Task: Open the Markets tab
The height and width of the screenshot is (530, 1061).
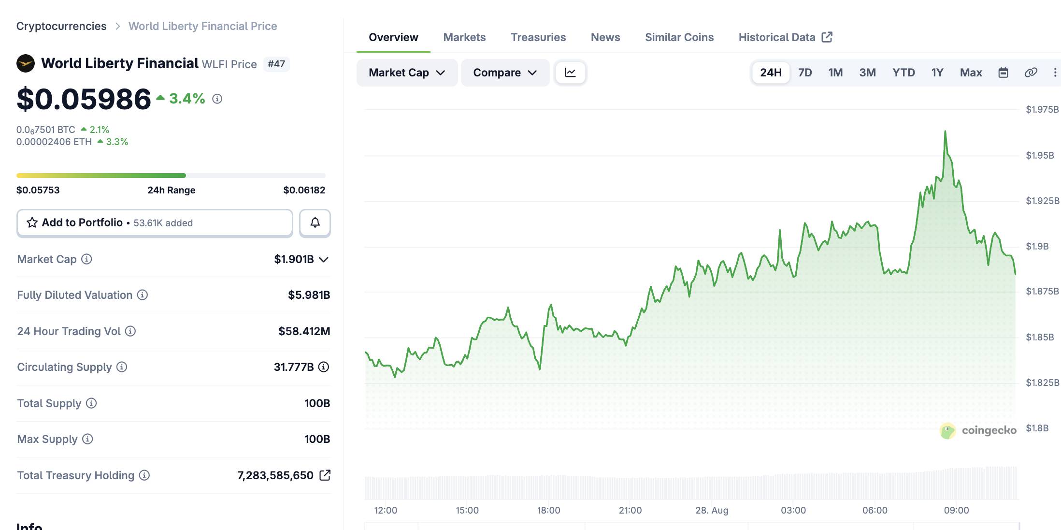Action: (x=464, y=37)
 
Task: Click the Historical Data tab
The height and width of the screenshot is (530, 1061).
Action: (x=785, y=37)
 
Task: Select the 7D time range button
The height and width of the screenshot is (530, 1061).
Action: (x=805, y=73)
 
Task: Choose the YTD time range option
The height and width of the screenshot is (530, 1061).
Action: (x=903, y=73)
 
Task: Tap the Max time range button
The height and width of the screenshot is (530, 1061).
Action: (x=971, y=73)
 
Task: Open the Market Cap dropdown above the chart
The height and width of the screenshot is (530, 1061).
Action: (x=407, y=73)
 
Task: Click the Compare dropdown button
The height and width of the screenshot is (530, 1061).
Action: (x=505, y=73)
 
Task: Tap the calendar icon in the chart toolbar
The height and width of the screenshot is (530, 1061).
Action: (x=1003, y=73)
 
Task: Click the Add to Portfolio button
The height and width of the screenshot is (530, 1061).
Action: (x=155, y=222)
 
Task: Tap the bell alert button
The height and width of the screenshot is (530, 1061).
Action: (x=315, y=222)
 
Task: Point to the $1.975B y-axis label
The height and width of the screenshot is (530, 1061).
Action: (x=1042, y=109)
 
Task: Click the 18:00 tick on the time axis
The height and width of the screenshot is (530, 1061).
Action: (x=549, y=510)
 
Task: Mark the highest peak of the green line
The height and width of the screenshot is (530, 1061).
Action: (x=945, y=131)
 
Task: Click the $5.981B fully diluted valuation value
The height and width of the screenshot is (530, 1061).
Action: (x=309, y=295)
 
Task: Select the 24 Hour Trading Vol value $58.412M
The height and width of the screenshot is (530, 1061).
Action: (x=304, y=331)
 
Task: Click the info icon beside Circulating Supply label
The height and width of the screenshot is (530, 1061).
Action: (x=122, y=367)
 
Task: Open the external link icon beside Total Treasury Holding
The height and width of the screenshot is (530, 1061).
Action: (x=325, y=475)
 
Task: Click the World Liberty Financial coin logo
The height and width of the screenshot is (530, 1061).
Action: (x=26, y=63)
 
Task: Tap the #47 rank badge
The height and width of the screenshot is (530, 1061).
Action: (x=276, y=64)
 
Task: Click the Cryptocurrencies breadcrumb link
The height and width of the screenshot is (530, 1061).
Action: (x=61, y=26)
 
